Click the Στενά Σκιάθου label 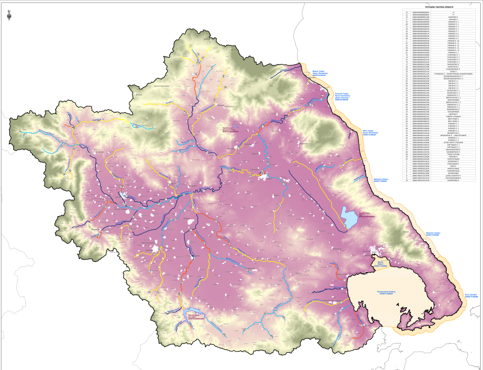[471, 296]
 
